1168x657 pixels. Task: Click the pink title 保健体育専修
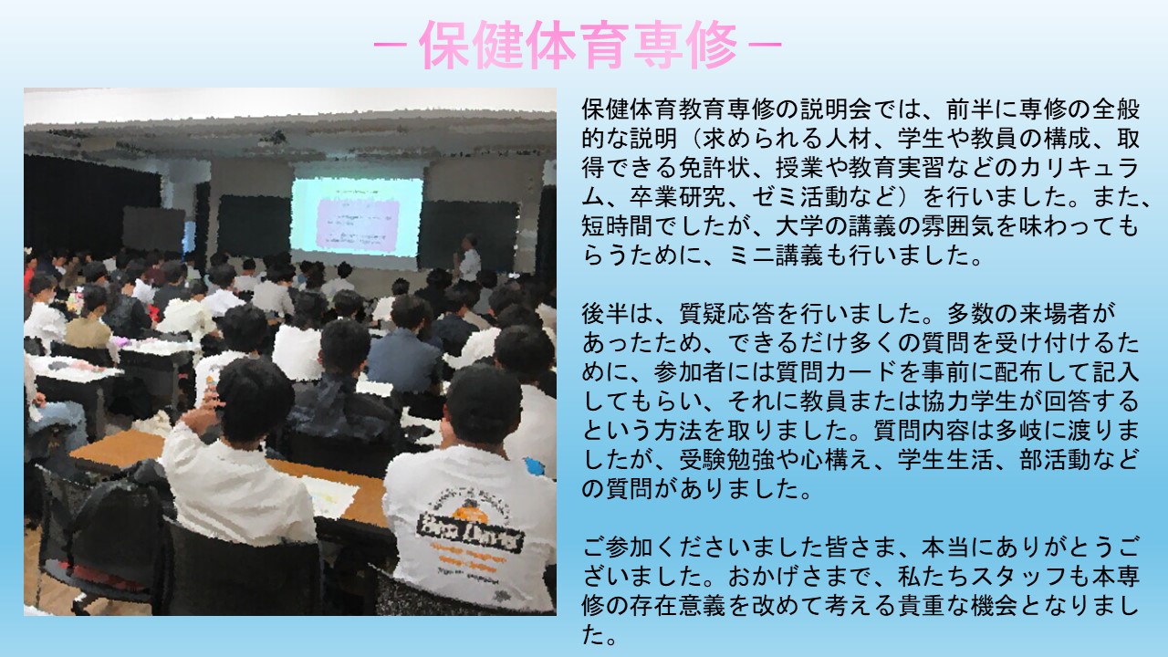click(x=578, y=45)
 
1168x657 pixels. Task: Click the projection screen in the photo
click(x=357, y=217)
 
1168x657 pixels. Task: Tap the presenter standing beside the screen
click(x=467, y=257)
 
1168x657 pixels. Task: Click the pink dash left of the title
click(x=391, y=45)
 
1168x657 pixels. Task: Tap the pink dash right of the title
click(x=765, y=45)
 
